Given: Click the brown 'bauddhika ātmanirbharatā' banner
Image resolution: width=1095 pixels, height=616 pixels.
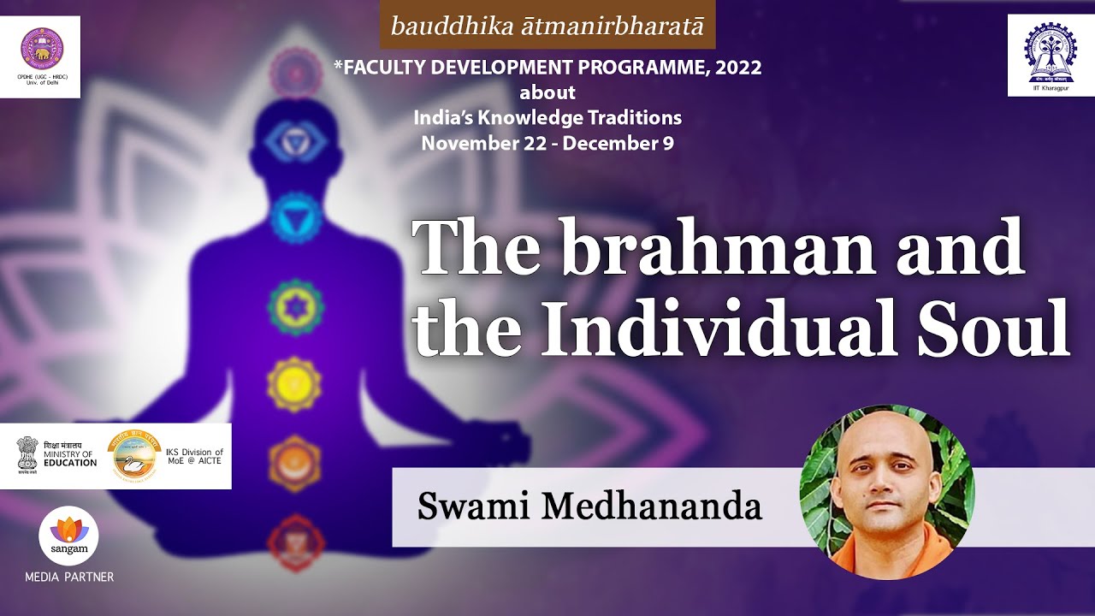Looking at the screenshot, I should coord(547,26).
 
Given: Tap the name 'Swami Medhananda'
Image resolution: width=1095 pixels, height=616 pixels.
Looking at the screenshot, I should coord(589,506).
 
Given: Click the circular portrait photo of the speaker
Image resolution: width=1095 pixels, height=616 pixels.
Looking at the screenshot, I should coord(886,492).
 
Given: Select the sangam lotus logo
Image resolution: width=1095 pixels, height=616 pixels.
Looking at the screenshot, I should coord(68,534).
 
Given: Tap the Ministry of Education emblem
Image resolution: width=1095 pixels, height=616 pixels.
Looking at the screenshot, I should coord(27,455).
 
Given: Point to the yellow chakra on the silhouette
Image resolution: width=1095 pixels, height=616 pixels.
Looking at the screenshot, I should coord(294,385).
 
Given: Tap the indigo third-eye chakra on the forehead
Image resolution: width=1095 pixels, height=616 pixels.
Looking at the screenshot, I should coord(293,139).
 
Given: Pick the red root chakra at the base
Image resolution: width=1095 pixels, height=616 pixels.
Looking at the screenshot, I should coord(295,541).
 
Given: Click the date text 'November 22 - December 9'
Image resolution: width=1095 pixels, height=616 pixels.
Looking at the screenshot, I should coord(547,144).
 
